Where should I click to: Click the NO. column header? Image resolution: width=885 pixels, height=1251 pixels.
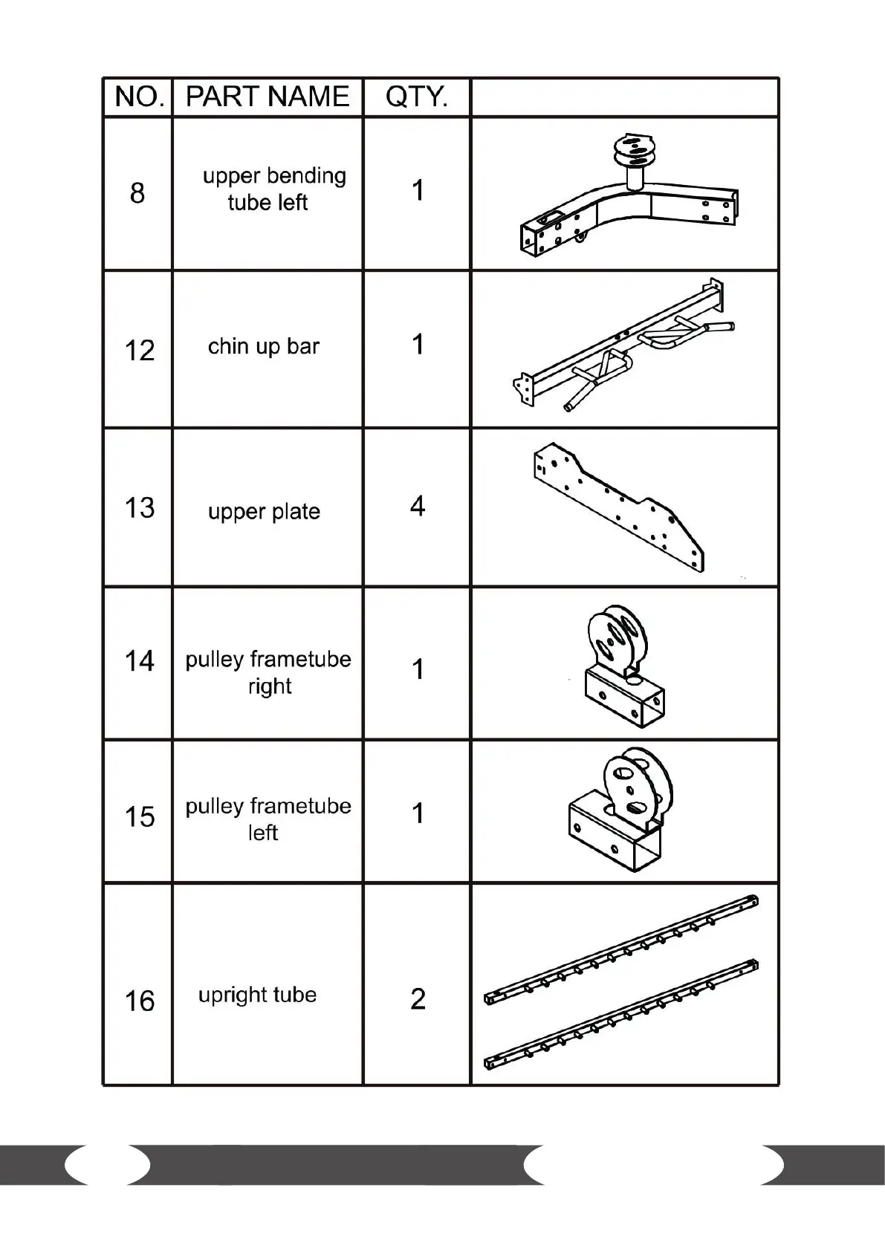(138, 97)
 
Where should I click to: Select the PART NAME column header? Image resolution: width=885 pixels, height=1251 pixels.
(268, 97)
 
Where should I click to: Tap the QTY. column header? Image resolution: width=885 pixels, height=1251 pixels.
(417, 97)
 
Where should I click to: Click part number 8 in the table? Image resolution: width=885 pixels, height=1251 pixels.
(137, 193)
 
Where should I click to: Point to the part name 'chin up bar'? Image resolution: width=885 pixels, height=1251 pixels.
(264, 346)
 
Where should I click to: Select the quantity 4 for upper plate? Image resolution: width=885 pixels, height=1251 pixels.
(418, 507)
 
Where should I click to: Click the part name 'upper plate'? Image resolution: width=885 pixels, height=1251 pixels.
(264, 512)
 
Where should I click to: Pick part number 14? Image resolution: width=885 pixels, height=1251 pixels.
(139, 660)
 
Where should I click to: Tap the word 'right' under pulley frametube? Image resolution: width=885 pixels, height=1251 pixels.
(270, 686)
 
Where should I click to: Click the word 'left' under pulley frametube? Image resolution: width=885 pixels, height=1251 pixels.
(263, 833)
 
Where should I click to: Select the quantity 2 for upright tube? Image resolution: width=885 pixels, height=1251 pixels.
(418, 999)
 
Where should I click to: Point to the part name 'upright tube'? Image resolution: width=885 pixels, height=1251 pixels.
(257, 995)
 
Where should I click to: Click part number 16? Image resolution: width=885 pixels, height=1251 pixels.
(139, 1001)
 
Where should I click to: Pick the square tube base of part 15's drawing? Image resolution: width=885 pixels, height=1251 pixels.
(613, 836)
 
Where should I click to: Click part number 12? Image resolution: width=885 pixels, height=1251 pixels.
(139, 351)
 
